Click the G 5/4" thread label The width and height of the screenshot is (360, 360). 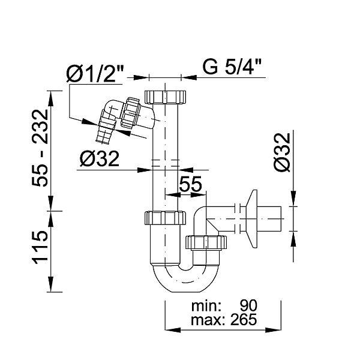click(x=232, y=67)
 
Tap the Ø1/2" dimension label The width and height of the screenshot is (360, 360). click(x=95, y=73)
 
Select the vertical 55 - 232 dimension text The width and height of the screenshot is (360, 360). click(x=40, y=148)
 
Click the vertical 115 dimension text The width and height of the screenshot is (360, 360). click(x=40, y=247)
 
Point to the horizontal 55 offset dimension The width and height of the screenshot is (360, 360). click(x=190, y=184)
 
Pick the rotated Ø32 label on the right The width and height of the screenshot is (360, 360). click(x=283, y=152)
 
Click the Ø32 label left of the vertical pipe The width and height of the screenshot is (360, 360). click(x=100, y=159)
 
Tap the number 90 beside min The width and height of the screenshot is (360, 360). click(x=248, y=305)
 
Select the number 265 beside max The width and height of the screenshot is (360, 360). click(x=244, y=319)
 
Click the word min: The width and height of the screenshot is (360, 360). click(x=206, y=306)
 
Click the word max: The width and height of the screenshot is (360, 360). click(x=208, y=320)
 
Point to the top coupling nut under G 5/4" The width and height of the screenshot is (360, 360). click(x=165, y=97)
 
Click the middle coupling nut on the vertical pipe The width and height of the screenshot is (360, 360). click(x=165, y=218)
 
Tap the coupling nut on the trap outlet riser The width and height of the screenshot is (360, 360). click(x=206, y=242)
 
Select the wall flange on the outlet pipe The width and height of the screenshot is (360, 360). click(x=251, y=219)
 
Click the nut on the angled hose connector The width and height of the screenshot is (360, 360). click(x=130, y=113)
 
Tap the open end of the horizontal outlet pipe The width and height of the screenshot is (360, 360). click(x=281, y=218)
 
